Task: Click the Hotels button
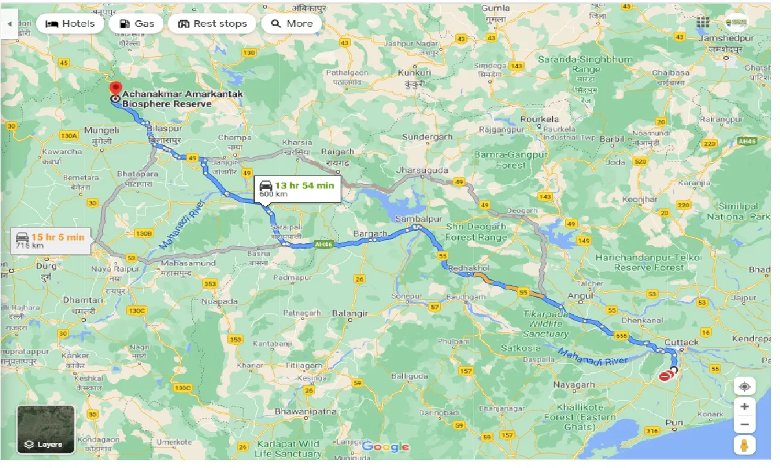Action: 70,24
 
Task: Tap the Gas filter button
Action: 136,24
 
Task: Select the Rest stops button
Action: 212,24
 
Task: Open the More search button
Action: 291,24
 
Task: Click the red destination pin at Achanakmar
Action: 115,88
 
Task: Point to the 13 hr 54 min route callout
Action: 297,188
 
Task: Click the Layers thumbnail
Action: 46,430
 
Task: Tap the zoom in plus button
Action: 744,406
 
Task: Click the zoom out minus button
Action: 744,425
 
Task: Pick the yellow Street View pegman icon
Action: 744,446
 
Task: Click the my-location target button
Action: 744,386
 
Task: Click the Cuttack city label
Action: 681,342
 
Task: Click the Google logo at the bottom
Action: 385,447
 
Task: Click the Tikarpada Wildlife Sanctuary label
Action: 545,324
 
